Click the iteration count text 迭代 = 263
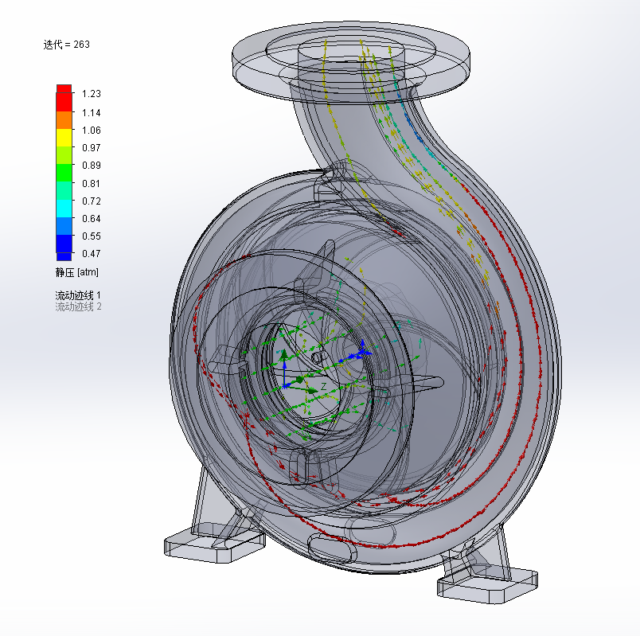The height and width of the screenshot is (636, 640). (x=67, y=45)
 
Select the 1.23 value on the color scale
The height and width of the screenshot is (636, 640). (x=91, y=94)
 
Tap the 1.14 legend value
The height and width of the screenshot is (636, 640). (x=91, y=113)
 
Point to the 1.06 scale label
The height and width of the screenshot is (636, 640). (x=91, y=131)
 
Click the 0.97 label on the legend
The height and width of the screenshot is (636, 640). (x=91, y=148)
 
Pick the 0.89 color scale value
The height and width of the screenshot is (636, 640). (x=91, y=166)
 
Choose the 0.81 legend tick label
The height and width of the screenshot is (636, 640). (x=91, y=184)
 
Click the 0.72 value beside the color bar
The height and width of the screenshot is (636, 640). (x=91, y=201)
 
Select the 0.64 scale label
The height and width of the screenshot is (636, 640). (x=91, y=219)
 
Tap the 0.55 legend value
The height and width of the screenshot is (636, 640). (x=91, y=236)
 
